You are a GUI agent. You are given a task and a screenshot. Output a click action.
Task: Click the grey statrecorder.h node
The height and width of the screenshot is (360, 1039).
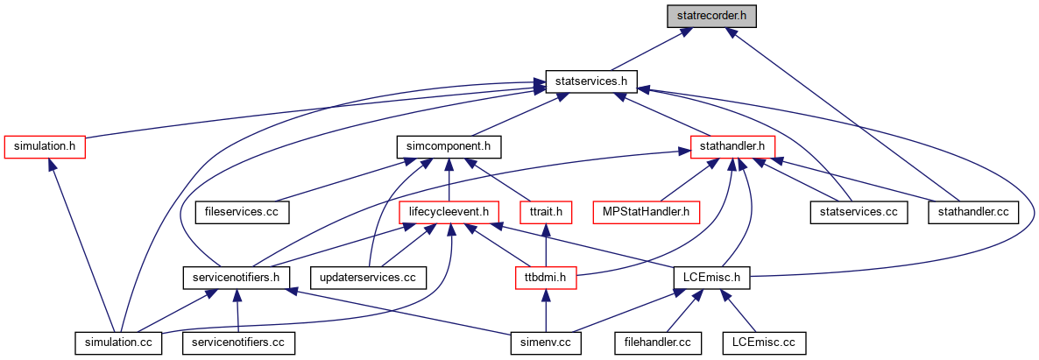(711, 15)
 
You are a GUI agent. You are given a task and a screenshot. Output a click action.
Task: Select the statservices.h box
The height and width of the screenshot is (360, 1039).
(591, 81)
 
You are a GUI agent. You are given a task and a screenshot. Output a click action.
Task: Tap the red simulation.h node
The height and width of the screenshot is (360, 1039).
(46, 146)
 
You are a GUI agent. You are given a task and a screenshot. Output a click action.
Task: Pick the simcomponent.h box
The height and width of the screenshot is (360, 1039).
(449, 146)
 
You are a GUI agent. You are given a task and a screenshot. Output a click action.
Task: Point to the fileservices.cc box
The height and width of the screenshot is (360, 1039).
(241, 212)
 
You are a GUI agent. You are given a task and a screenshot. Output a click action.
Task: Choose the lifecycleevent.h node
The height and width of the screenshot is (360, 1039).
(449, 212)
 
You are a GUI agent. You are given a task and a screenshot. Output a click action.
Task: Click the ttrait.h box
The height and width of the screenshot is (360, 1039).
(545, 212)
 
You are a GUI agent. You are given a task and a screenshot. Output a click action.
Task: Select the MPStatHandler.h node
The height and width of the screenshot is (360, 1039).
(646, 212)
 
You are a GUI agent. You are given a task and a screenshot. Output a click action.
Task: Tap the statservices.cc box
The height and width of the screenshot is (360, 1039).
(859, 212)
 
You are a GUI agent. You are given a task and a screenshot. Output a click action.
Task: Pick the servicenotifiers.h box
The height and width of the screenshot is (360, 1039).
(236, 278)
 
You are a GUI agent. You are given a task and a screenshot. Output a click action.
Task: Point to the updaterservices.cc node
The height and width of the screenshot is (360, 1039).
(369, 278)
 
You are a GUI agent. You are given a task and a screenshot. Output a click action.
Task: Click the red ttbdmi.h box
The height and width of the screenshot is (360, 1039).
(546, 278)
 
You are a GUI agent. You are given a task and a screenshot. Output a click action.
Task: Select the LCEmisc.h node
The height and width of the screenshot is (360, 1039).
(712, 278)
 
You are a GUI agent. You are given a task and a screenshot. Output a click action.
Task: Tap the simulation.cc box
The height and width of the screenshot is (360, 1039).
(117, 343)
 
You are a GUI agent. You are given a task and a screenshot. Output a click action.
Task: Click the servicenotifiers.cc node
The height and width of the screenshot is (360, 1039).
(238, 343)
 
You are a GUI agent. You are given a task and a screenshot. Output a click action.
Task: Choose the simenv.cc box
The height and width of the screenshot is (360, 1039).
(546, 343)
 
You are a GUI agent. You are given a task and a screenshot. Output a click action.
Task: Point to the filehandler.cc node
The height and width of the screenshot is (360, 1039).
(657, 343)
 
